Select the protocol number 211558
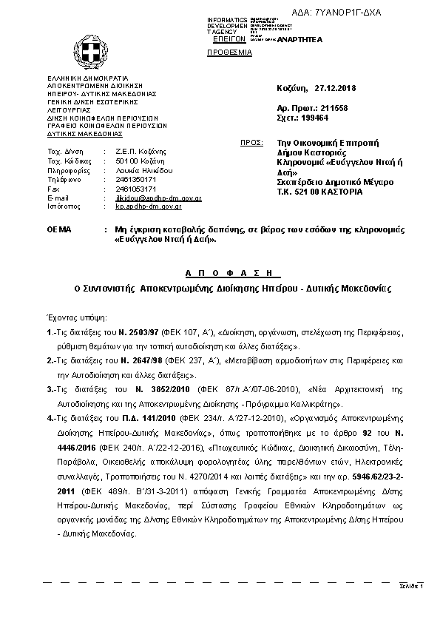pos(332,108)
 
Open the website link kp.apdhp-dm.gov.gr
pos(152,208)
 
